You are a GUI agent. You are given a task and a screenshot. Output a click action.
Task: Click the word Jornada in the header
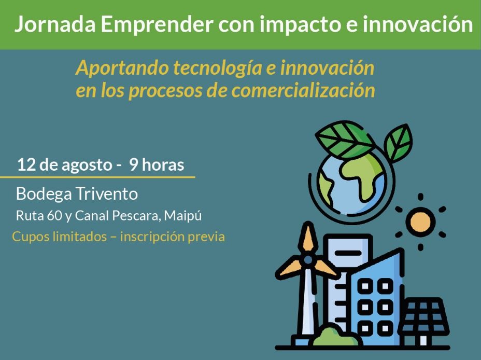click(55, 24)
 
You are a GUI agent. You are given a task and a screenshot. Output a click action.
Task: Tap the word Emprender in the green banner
click(157, 24)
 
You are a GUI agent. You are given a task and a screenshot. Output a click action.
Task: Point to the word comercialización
click(303, 90)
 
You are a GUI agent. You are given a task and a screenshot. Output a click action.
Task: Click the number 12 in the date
click(26, 164)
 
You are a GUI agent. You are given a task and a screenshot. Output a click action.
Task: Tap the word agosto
click(87, 165)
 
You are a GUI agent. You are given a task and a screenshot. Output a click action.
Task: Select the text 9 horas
click(157, 164)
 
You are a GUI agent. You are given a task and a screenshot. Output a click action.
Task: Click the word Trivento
click(107, 193)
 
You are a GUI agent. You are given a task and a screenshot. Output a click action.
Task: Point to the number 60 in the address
click(55, 216)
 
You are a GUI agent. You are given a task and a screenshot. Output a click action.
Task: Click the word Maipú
click(183, 215)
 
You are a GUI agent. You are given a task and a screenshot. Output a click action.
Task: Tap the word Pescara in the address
click(136, 216)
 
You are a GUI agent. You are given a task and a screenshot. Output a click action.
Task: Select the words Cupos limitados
click(59, 237)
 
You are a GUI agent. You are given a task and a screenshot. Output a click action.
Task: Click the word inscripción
click(152, 237)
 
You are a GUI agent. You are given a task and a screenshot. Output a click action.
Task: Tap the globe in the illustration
click(351, 183)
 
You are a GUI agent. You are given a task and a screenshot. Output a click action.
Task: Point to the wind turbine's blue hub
click(308, 260)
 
